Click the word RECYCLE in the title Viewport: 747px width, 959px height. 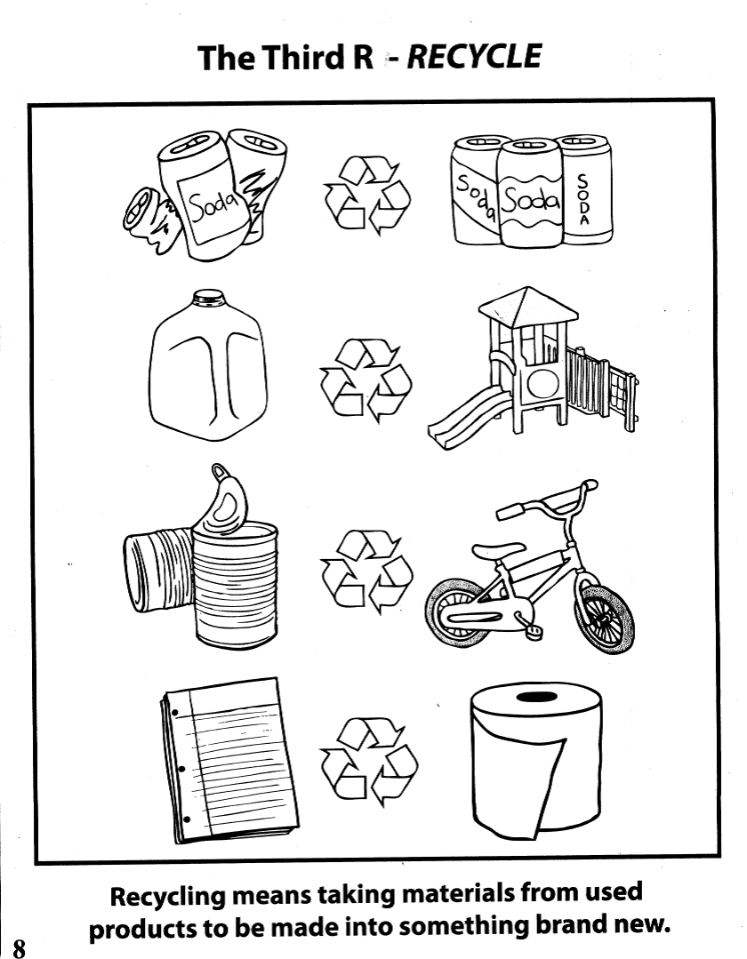pos(474,57)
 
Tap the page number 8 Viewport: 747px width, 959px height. pos(20,947)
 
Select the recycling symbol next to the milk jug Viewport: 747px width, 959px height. pos(365,380)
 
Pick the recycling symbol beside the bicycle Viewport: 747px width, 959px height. pos(366,571)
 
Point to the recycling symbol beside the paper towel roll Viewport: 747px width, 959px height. pos(369,762)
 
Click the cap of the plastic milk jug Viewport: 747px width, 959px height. pos(208,298)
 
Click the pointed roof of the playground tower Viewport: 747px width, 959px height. pos(528,305)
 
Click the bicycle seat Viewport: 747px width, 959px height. pos(499,550)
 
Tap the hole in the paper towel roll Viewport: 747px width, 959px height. pos(536,697)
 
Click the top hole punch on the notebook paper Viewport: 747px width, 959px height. pos(175,713)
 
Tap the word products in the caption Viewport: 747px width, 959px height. pos(142,928)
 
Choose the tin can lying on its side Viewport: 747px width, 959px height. pos(160,569)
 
